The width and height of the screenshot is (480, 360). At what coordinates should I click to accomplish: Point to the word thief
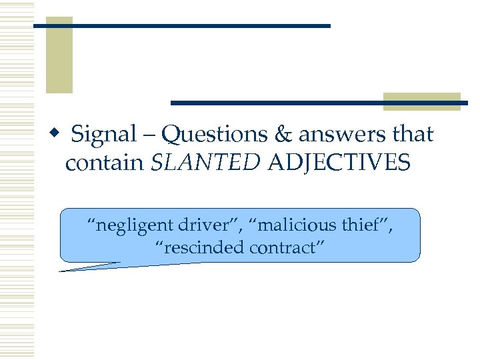click(x=365, y=225)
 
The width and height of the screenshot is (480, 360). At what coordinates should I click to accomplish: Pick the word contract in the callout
click(x=287, y=248)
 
